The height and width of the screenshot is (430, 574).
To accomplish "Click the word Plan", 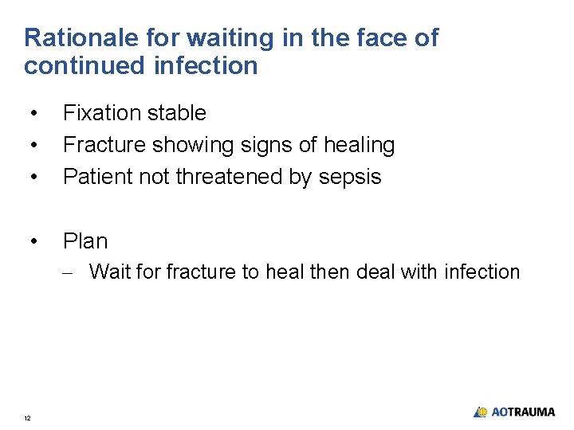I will coord(85,240).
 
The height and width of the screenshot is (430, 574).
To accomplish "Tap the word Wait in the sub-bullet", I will coord(110,272).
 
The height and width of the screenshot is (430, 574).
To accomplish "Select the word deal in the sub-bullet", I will coord(376,272).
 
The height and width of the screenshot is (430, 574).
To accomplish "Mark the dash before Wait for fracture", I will coord(71,273).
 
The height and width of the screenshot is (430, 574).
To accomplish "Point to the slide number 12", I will coord(28,418).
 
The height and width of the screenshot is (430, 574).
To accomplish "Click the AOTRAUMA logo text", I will coord(522,412).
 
